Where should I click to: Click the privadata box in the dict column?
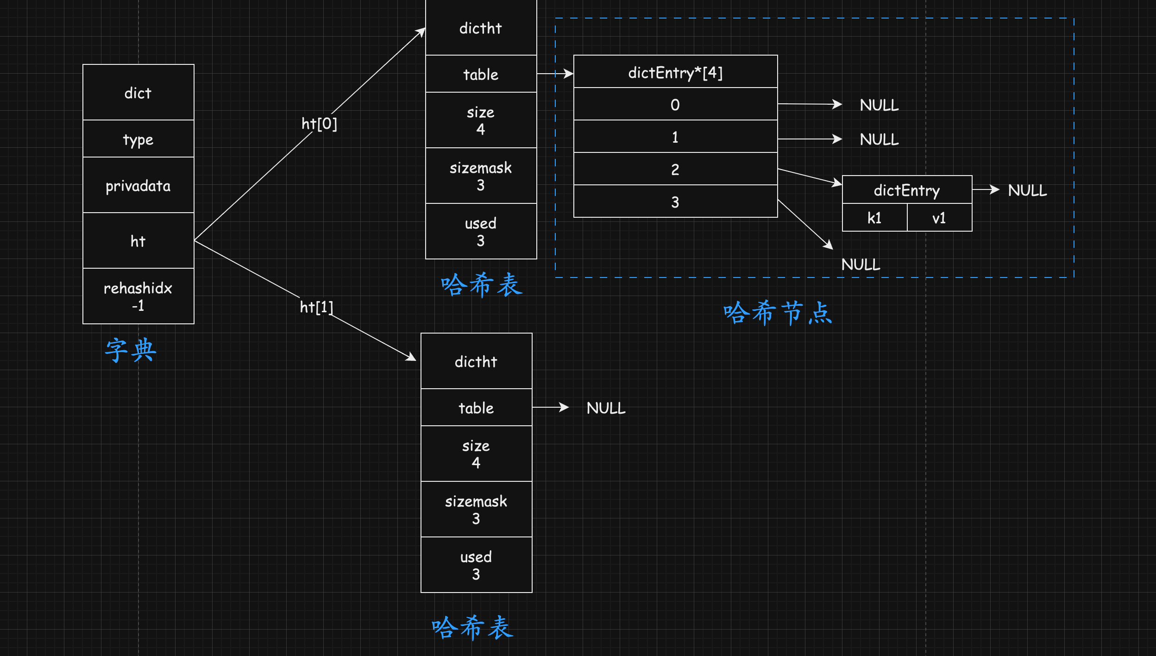click(x=138, y=185)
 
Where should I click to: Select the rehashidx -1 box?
click(x=138, y=296)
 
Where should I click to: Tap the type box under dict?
click(x=138, y=139)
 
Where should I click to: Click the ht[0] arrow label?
click(x=319, y=124)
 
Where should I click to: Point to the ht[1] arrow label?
click(x=316, y=307)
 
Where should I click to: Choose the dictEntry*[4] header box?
click(x=675, y=72)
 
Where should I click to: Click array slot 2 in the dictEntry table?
click(x=675, y=169)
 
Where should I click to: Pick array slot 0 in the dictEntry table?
click(x=675, y=104)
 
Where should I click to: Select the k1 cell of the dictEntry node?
click(x=874, y=218)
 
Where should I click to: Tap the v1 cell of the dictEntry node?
click(x=939, y=218)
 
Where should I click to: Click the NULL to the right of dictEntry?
click(x=1027, y=190)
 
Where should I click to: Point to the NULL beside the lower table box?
click(x=606, y=408)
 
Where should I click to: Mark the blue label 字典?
click(x=131, y=350)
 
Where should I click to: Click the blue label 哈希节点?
click(x=778, y=313)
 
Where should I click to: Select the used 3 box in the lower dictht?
click(x=476, y=565)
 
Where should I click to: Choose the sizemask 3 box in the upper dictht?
click(x=481, y=176)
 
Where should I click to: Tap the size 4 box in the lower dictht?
click(x=476, y=454)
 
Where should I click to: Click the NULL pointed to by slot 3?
click(x=861, y=265)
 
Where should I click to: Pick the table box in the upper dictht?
click(x=481, y=74)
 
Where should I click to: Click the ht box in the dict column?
click(x=138, y=240)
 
